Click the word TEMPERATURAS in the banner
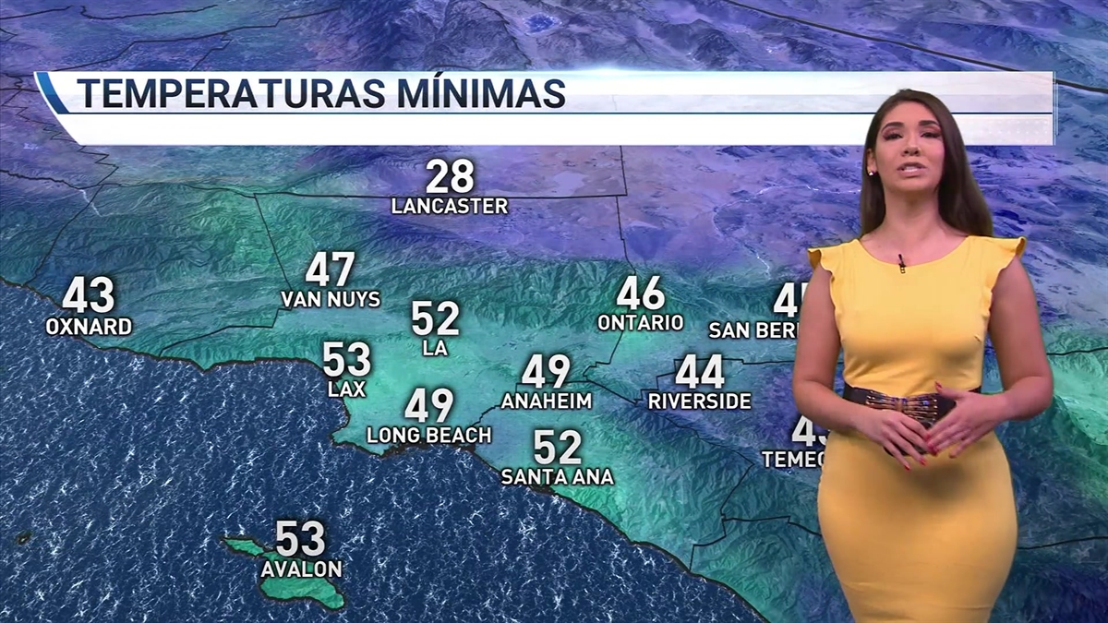click(218, 94)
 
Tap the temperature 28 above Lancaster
click(450, 176)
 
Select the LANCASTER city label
click(450, 206)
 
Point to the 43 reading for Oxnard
click(89, 297)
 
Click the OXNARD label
click(89, 327)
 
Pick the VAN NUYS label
click(331, 299)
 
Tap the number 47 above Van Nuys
click(331, 270)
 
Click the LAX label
click(346, 389)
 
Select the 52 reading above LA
click(435, 318)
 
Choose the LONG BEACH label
click(427, 435)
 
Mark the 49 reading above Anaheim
click(546, 372)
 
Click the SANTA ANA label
click(557, 477)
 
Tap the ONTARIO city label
click(640, 323)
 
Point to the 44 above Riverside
click(699, 372)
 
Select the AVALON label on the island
click(301, 569)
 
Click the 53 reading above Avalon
click(301, 539)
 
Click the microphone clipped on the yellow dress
click(902, 263)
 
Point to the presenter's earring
click(873, 172)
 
